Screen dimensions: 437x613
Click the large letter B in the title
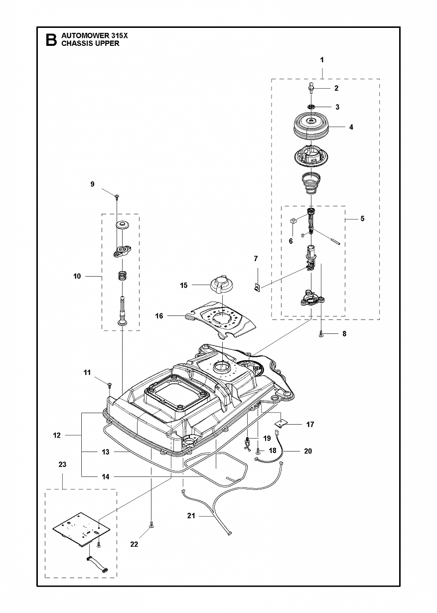(x=51, y=40)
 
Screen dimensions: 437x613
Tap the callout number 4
(x=351, y=127)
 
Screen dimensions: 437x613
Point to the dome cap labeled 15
(x=222, y=285)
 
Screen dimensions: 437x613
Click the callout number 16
(x=159, y=316)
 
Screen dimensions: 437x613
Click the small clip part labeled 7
(x=257, y=288)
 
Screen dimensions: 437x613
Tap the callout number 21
(x=191, y=516)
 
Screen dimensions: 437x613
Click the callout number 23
(x=62, y=472)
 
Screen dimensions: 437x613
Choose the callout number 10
(x=77, y=277)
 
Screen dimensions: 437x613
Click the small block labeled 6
(x=292, y=220)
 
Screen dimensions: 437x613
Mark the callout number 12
(x=57, y=435)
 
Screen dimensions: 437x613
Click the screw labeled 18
(x=258, y=450)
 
